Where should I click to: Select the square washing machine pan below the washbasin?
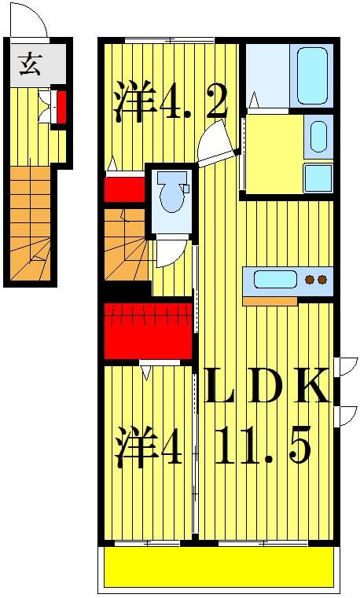(x=318, y=178)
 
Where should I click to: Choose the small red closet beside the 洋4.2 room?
(x=124, y=190)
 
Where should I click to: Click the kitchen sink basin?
(x=274, y=280)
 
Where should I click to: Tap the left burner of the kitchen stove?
(x=310, y=280)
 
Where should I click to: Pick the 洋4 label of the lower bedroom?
(x=149, y=448)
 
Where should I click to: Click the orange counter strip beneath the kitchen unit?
(x=269, y=300)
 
